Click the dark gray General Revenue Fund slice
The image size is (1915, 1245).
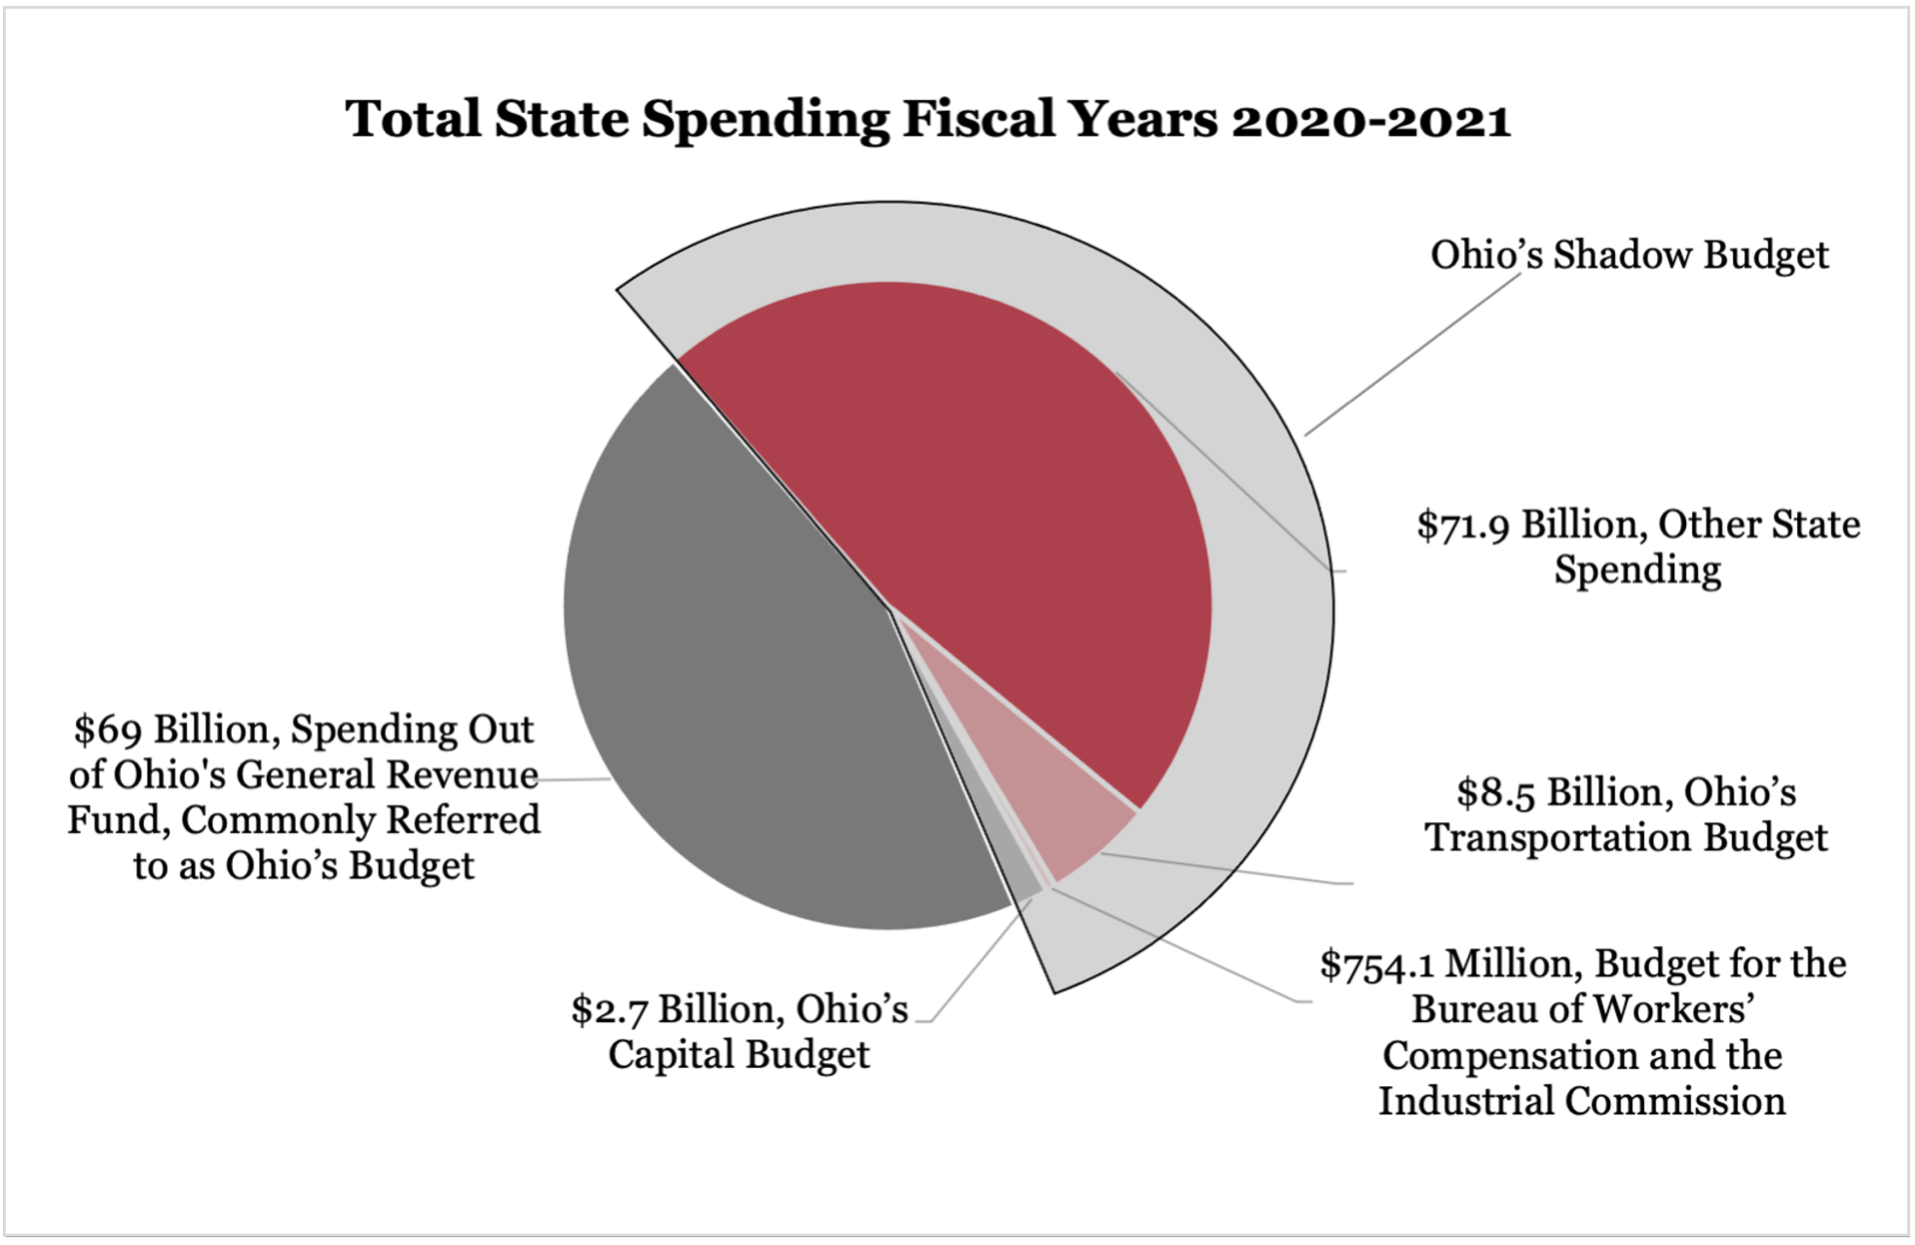click(x=740, y=662)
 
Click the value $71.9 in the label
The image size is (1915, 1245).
click(x=1464, y=525)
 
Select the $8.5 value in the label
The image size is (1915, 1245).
click(x=1496, y=793)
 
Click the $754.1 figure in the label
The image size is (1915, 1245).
click(x=1376, y=965)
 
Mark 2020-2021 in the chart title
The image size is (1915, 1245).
click(x=1371, y=120)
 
